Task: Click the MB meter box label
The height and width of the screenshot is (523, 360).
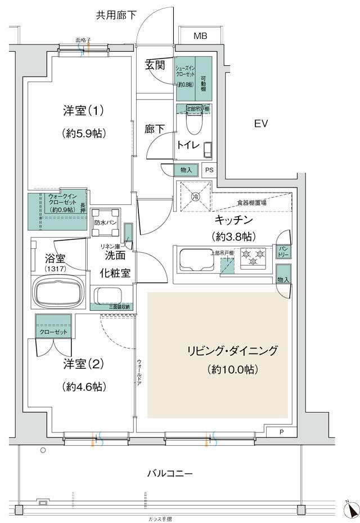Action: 200,36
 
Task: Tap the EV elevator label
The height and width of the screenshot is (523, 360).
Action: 259,123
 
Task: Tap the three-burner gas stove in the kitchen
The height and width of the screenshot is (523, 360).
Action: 253,257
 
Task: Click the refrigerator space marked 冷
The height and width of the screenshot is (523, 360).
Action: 195,196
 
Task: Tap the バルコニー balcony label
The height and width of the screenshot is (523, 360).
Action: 170,473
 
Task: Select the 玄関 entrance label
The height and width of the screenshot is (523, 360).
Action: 155,65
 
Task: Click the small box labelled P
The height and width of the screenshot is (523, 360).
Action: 282,432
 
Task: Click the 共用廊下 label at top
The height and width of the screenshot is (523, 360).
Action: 116,15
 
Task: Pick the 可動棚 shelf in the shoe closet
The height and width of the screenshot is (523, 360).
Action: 204,78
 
